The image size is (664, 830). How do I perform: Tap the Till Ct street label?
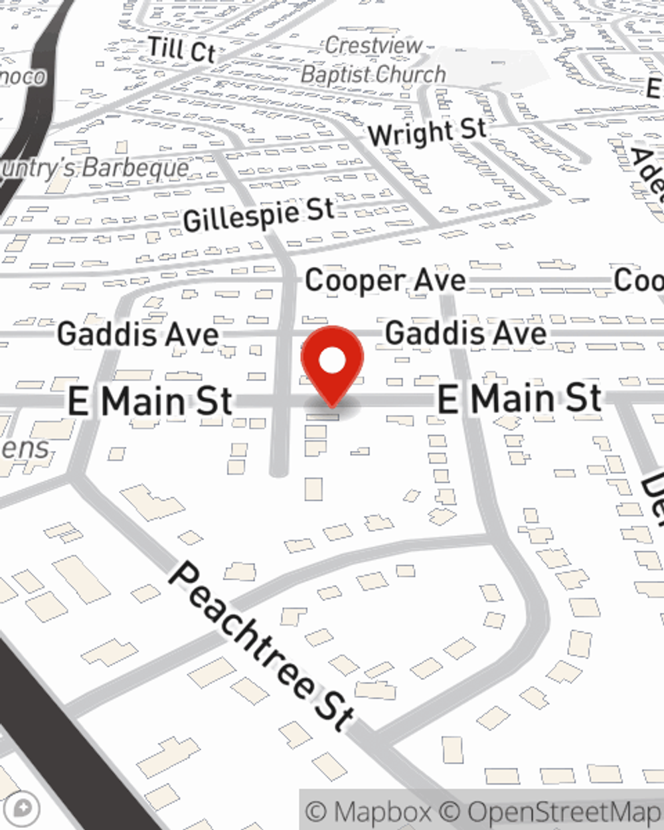coord(181,50)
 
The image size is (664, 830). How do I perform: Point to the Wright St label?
coord(427,132)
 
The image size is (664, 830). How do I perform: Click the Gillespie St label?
coord(259,215)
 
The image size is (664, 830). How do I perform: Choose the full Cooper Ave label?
coord(385,280)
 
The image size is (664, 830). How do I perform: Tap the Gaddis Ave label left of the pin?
coord(137,333)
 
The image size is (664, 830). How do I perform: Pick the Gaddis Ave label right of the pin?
coord(465,333)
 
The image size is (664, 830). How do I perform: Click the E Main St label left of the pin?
coord(150,402)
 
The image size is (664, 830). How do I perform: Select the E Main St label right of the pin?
coord(519,398)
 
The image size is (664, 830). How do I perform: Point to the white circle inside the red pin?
coord(332,361)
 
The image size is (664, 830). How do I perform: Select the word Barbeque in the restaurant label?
coord(135,168)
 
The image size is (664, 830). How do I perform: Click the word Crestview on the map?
coord(373,46)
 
